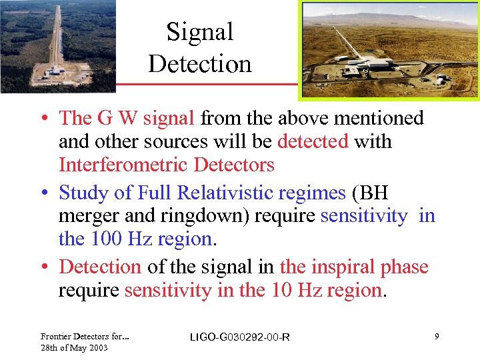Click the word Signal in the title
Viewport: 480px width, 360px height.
[200, 32]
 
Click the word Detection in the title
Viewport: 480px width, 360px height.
[200, 64]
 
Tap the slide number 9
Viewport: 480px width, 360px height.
[437, 337]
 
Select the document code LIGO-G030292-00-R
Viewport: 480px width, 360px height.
[239, 337]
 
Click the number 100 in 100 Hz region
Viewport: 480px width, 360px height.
[105, 239]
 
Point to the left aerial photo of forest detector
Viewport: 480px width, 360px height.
[57, 46]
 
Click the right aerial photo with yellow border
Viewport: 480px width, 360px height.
[389, 50]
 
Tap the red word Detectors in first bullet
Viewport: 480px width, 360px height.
[233, 164]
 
